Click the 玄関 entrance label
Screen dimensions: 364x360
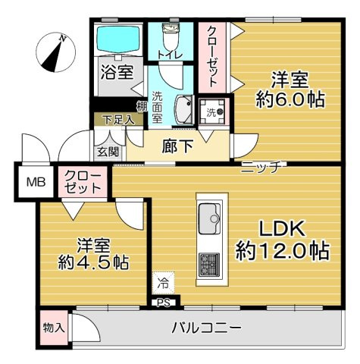point(104,152)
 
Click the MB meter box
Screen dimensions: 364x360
point(36,182)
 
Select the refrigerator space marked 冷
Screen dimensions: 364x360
point(164,284)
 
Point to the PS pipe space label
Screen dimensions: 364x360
point(163,303)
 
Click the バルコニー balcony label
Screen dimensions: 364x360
point(205,328)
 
